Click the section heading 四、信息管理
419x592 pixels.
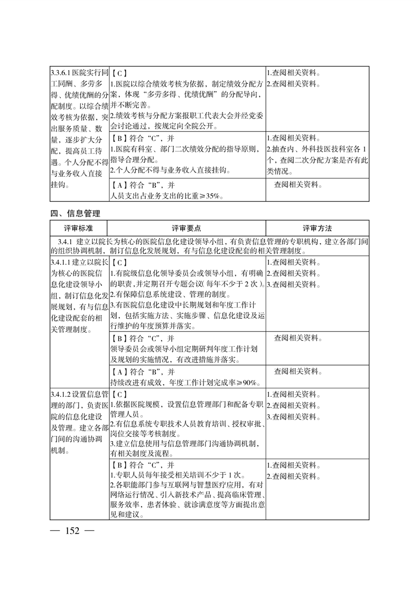coord(75,213)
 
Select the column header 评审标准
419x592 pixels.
coord(79,228)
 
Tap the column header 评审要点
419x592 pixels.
coord(187,228)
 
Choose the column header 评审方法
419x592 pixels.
coord(317,228)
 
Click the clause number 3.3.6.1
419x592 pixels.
coord(61,73)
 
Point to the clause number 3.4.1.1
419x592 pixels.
coord(61,262)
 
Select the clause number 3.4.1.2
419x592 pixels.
coord(61,395)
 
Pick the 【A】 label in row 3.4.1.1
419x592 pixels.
coord(121,371)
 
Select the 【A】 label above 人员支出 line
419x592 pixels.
coord(121,185)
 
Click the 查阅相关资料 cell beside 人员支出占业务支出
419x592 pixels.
coord(300,185)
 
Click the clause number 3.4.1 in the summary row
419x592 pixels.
coord(64,241)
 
